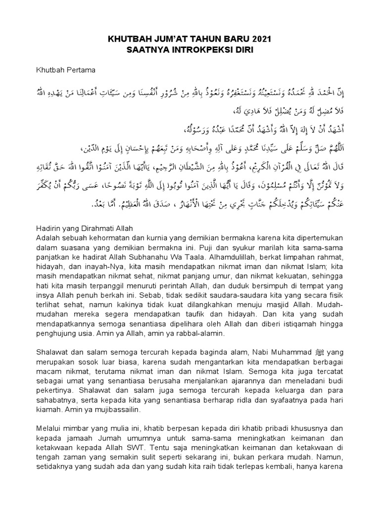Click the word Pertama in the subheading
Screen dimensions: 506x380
pos(81,70)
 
